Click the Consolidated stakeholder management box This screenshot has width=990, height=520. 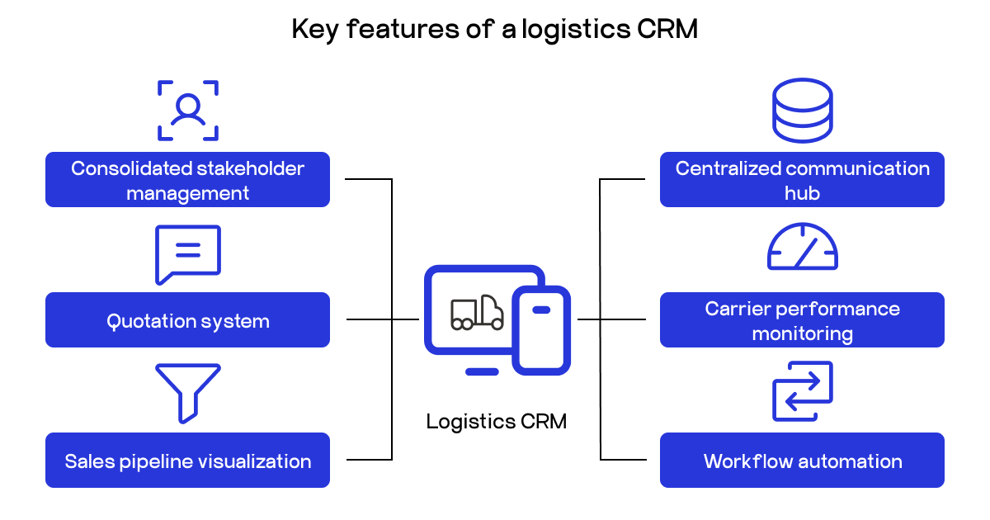187,179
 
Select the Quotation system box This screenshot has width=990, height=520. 187,319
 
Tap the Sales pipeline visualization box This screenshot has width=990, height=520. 187,460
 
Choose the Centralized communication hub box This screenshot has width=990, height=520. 802,179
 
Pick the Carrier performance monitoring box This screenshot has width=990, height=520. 802,319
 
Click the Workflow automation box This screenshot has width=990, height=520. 802,460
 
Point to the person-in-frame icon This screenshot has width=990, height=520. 188,111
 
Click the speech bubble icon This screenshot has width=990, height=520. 188,253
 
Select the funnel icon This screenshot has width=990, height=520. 188,392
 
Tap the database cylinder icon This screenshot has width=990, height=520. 802,111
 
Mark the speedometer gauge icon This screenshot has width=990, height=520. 802,248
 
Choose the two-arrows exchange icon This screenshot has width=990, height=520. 802,391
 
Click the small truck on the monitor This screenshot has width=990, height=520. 477,313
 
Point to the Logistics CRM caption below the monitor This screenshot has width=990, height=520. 496,422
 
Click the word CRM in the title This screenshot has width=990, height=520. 668,30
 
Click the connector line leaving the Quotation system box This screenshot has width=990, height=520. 369,319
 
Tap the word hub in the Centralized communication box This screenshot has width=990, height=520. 802,193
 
